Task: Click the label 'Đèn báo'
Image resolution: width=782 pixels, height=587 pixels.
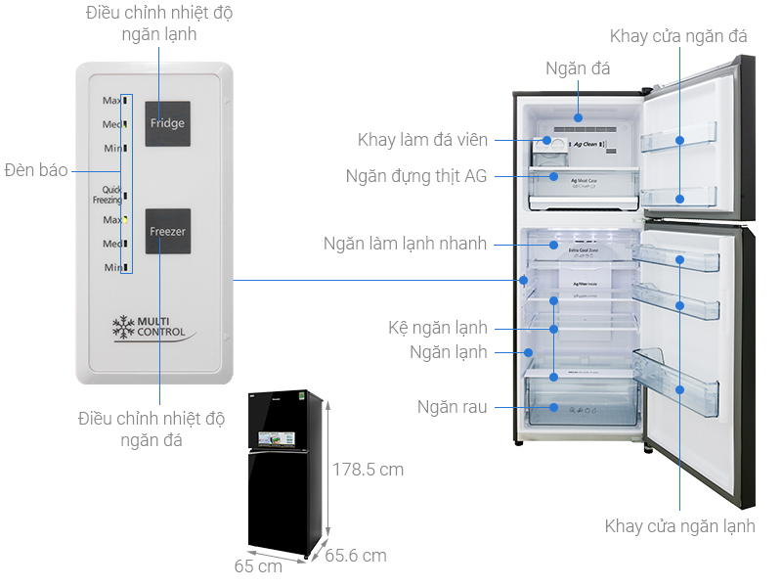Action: pos(35,170)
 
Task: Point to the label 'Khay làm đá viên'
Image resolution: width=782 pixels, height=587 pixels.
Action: pos(422,140)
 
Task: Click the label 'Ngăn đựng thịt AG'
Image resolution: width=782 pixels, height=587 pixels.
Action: pos(416,176)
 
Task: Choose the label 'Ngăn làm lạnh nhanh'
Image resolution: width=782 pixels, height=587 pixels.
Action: pos(405,244)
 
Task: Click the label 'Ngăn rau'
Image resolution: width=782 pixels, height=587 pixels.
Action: pos(452,406)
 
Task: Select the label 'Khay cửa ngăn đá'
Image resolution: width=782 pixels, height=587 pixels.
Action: pos(678,36)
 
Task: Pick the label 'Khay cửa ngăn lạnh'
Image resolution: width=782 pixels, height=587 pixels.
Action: pos(679,526)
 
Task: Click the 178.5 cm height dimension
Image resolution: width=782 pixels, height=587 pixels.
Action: pos(367,470)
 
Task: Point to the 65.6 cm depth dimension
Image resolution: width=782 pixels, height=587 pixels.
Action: pos(355,556)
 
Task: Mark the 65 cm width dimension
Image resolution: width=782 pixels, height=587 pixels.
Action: pos(258,565)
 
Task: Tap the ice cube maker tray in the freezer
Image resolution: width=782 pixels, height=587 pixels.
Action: pos(553,148)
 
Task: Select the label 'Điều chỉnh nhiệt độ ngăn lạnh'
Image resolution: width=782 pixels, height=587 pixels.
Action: pos(159,23)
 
